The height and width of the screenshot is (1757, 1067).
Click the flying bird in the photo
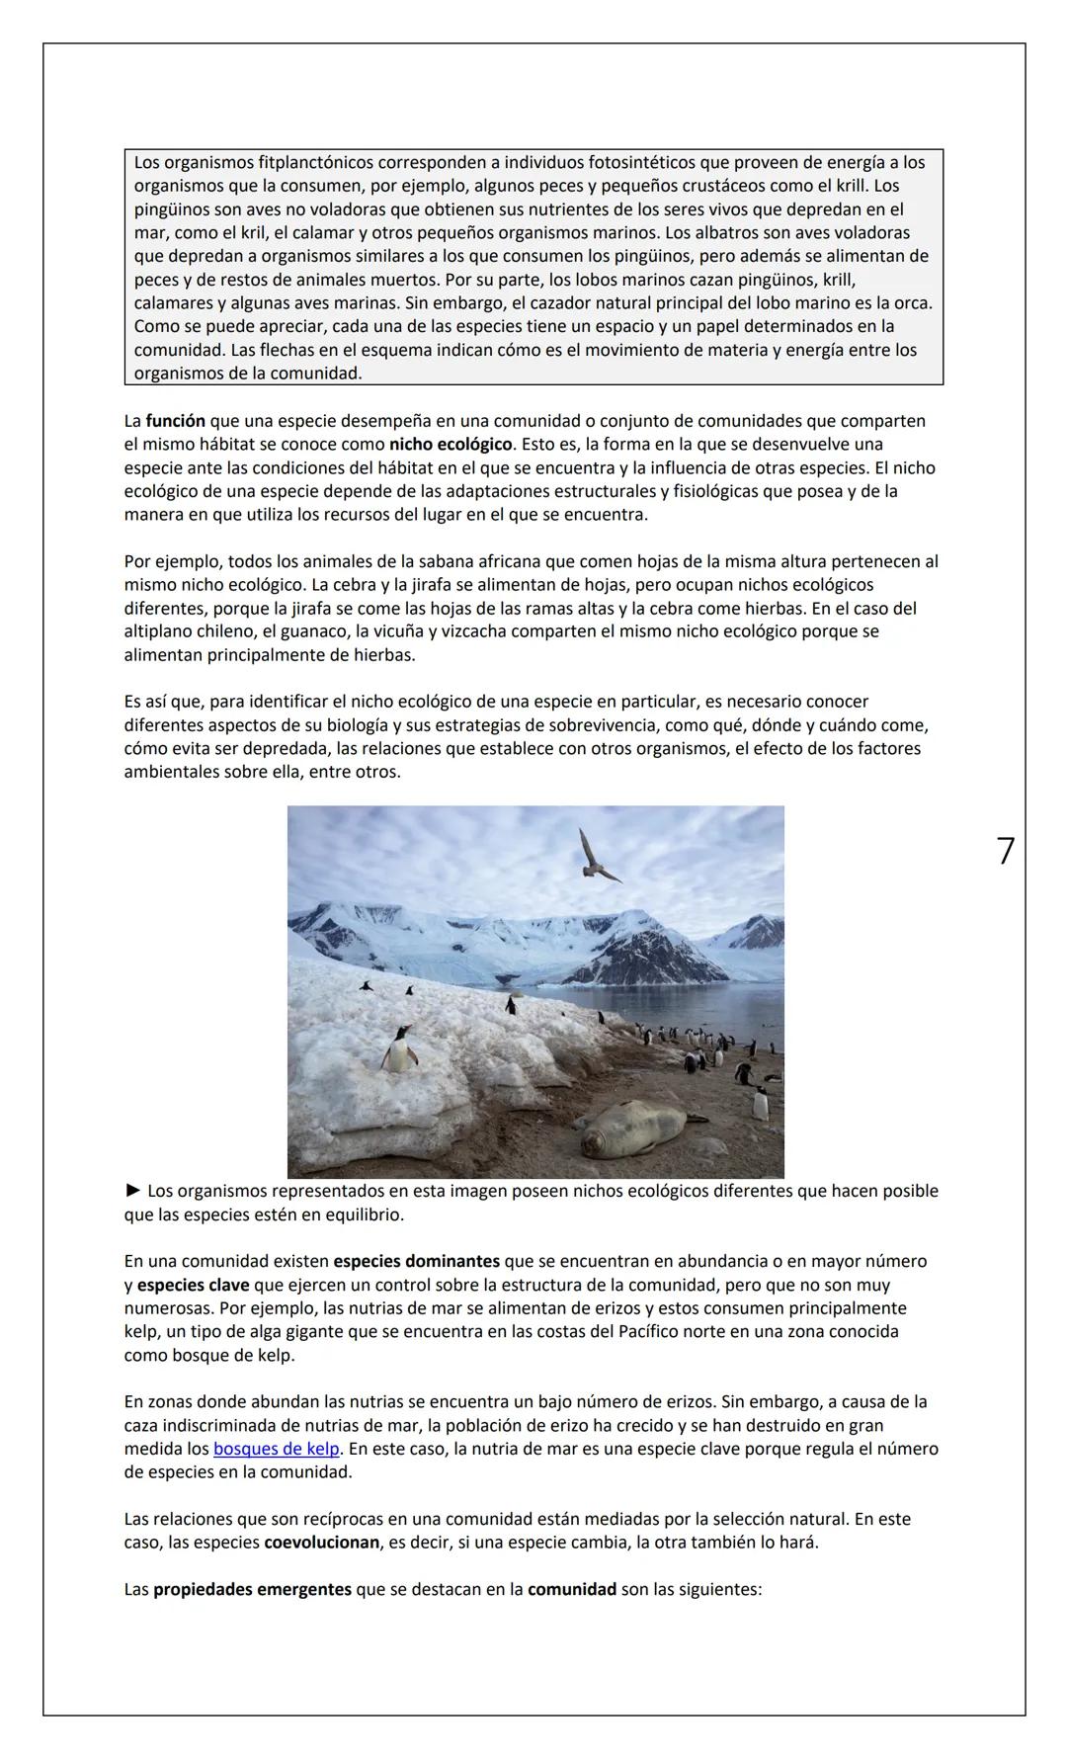pyautogui.click(x=597, y=856)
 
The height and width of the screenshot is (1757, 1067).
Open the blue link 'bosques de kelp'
pyautogui.click(x=276, y=1449)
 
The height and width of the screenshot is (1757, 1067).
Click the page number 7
pyautogui.click(x=1005, y=851)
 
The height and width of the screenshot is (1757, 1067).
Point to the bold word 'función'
pyautogui.click(x=175, y=421)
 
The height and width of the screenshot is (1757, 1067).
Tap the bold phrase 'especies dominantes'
pyautogui.click(x=416, y=1261)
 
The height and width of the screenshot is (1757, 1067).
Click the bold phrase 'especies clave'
pyautogui.click(x=193, y=1285)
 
